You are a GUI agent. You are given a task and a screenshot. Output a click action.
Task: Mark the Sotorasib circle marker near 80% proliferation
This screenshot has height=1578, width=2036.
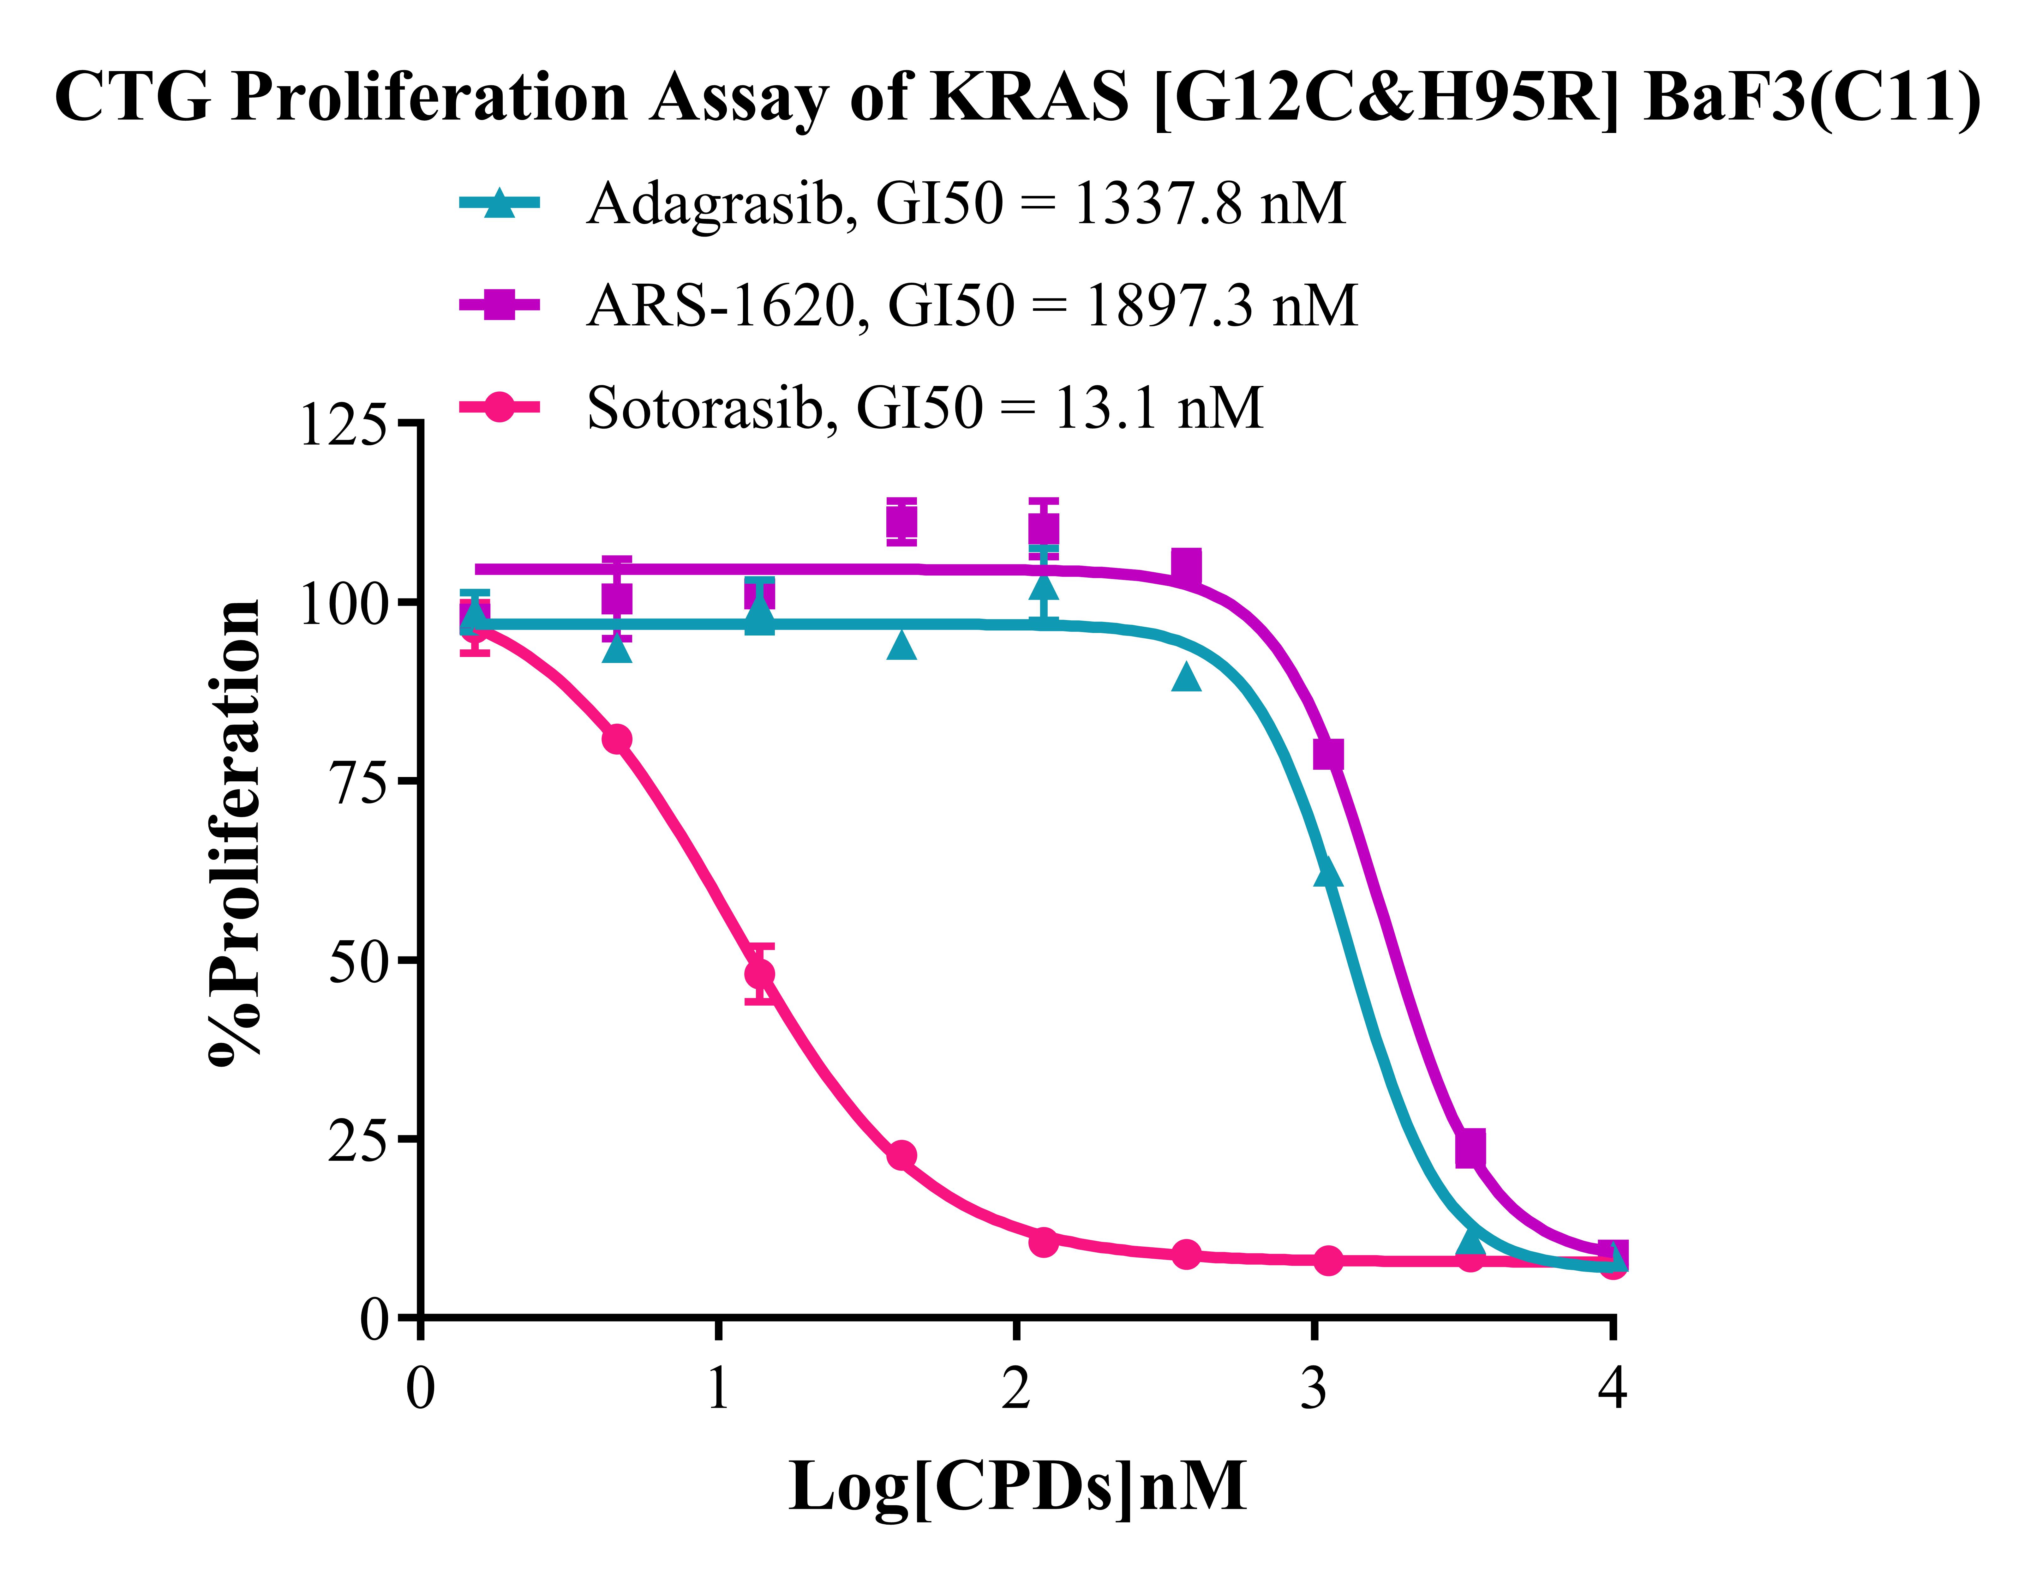617,740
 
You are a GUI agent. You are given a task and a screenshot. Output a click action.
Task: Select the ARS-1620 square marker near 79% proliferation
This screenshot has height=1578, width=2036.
1328,755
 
